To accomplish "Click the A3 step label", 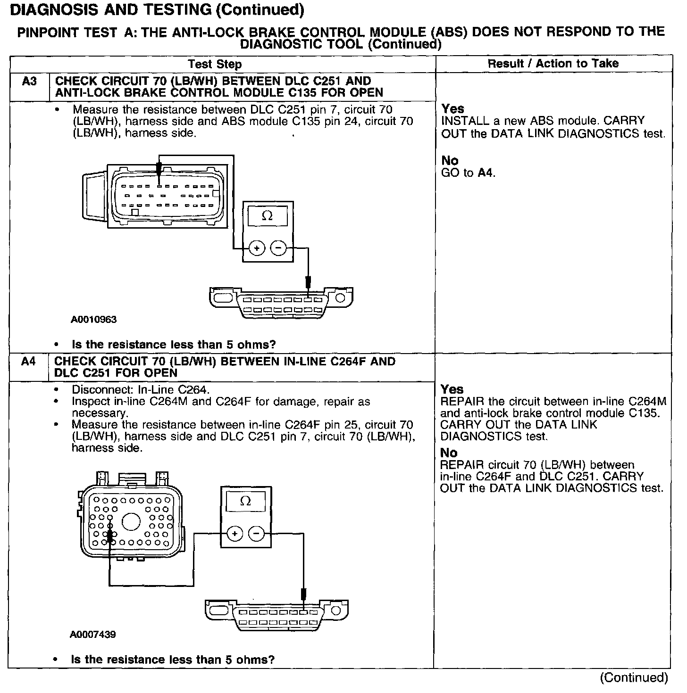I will coord(29,82).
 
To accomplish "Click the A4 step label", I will coord(29,362).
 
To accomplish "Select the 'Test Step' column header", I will coord(215,64).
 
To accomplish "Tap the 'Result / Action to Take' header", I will coord(553,64).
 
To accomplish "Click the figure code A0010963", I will coord(94,320).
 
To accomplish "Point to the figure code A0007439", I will coord(93,635).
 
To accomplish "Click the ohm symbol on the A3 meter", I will coord(267,216).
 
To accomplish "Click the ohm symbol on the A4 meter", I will coord(245,501).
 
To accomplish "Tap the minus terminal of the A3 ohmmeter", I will coord(278,247).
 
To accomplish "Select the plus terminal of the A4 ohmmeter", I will coord(235,534).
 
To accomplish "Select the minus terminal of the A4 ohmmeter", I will coord(256,534).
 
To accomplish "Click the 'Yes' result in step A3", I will coord(453,109).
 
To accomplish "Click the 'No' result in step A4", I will coord(449,453).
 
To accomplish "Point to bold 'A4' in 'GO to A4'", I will coord(486,173).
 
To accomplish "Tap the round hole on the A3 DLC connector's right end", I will coord(340,298).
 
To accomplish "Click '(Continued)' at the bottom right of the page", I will coord(634,677).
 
